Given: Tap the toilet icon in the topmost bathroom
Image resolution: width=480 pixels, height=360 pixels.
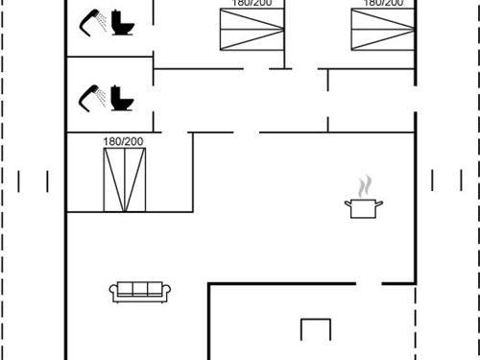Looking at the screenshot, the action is (120, 21).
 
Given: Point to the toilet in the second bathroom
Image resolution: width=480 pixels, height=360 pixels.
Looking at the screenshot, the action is (120, 97).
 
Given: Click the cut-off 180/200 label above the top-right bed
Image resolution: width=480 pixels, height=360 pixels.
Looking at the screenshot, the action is (382, 4).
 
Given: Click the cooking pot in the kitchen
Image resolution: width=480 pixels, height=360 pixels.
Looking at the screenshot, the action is (361, 207).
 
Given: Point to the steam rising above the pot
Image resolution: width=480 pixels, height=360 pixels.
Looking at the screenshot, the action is (363, 185).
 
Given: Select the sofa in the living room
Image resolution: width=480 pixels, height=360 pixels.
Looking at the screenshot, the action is (140, 292).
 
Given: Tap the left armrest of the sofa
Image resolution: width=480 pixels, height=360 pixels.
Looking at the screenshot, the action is (114, 293).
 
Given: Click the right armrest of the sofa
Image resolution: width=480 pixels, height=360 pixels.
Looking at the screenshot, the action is (167, 293).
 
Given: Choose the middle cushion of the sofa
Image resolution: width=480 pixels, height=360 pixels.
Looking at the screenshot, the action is (140, 290).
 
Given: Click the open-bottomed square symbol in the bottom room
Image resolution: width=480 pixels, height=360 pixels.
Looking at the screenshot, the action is (315, 330).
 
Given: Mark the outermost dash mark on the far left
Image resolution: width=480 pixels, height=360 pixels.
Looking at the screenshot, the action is (20, 180).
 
